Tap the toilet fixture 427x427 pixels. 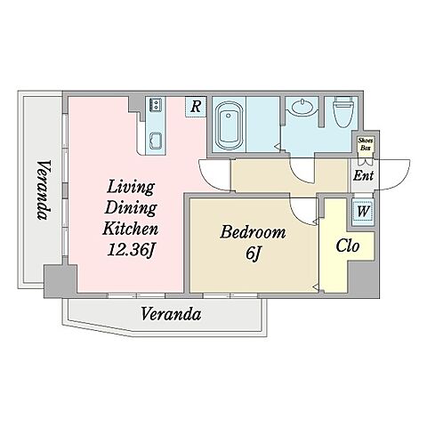click(x=342, y=112)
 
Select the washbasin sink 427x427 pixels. click(x=302, y=108)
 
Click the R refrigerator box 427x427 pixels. click(x=196, y=107)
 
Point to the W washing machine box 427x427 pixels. click(x=363, y=212)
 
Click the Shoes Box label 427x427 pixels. click(x=366, y=144)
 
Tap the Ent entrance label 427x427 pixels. click(x=363, y=175)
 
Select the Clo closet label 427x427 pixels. click(x=348, y=246)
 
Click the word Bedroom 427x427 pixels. click(x=253, y=232)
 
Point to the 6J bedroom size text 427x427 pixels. click(x=253, y=254)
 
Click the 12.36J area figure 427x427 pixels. click(x=131, y=250)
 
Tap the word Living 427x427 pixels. click(x=131, y=188)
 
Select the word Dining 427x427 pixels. click(x=131, y=208)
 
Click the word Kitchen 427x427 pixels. click(x=131, y=229)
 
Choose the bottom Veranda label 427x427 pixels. click(x=171, y=314)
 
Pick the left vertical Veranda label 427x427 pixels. click(x=44, y=190)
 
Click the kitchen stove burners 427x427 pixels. click(x=156, y=105)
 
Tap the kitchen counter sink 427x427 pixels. click(x=156, y=141)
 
